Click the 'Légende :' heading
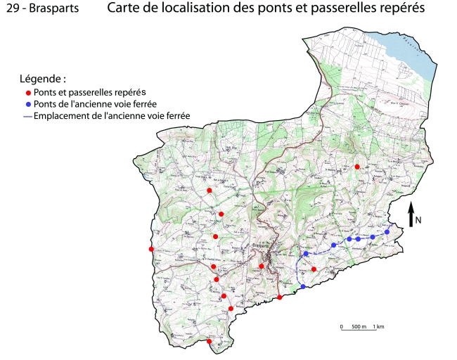click(x=44, y=78)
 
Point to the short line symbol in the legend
click(x=27, y=115)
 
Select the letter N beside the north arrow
click(x=418, y=220)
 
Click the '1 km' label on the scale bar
click(x=378, y=327)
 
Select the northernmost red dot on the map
click(x=357, y=167)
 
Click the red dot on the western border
click(x=151, y=249)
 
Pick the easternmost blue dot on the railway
click(x=387, y=232)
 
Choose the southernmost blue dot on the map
click(x=302, y=287)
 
